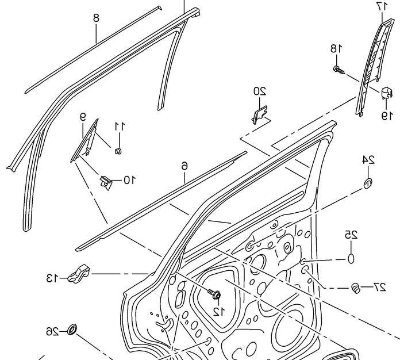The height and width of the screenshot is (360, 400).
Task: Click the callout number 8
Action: click(97, 18)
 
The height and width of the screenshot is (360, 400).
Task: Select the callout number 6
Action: click(184, 166)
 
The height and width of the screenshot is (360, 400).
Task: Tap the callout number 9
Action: click(83, 117)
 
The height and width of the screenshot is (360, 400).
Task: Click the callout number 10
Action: click(129, 180)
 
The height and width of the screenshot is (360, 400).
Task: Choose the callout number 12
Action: click(217, 311)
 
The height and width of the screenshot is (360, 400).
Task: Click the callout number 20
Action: click(260, 91)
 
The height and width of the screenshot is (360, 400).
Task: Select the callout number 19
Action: click(384, 115)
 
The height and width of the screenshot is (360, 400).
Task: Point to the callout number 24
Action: click(368, 160)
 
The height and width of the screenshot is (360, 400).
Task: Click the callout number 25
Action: click(351, 234)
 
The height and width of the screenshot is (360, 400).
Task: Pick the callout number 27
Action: click(379, 286)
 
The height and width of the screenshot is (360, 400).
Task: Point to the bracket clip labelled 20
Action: click(260, 113)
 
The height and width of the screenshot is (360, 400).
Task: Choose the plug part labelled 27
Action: click(356, 287)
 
